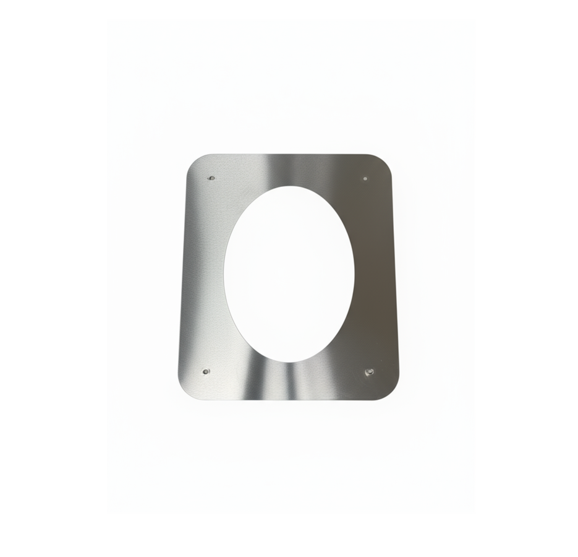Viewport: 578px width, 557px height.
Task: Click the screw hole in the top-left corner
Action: pyautogui.click(x=211, y=178)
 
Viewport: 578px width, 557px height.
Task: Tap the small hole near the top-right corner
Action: pyautogui.click(x=365, y=178)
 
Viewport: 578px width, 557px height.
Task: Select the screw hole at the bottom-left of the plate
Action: pyautogui.click(x=206, y=372)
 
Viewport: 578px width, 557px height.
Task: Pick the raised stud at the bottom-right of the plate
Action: pyautogui.click(x=369, y=372)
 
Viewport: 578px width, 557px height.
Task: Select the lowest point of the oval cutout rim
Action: pyautogui.click(x=289, y=361)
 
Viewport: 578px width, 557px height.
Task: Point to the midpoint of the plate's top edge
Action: pyautogui.click(x=289, y=155)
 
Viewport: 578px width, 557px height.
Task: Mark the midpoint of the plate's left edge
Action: pyautogui.click(x=184, y=275)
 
